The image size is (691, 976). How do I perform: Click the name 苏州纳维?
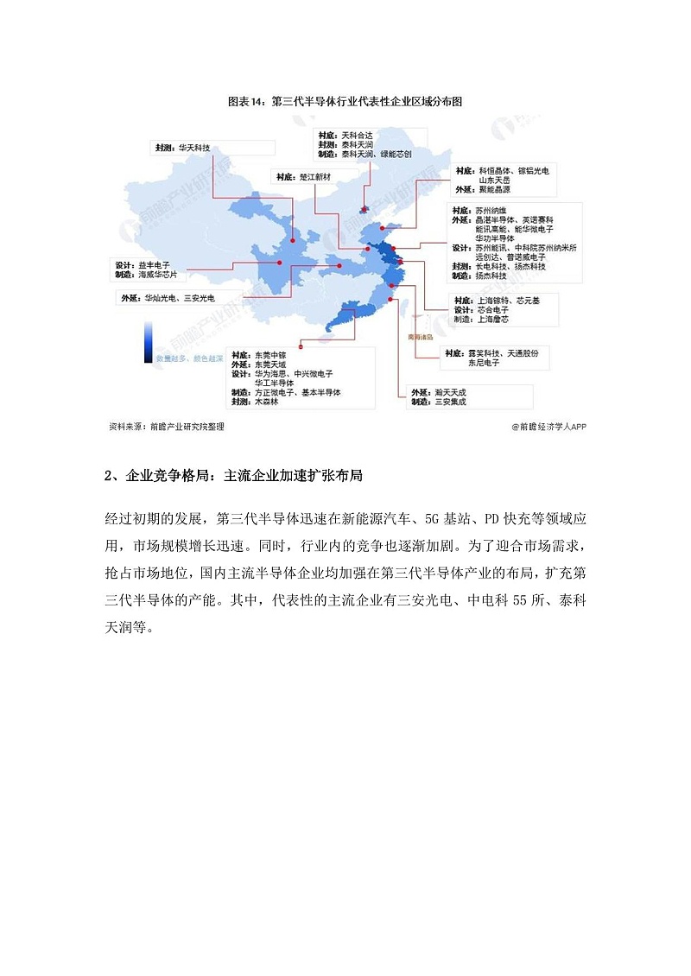(494, 211)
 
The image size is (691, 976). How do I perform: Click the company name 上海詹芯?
(494, 319)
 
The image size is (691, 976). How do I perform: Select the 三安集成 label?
(451, 402)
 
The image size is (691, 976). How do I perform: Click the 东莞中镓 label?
(270, 355)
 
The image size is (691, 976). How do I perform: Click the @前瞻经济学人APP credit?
(548, 426)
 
